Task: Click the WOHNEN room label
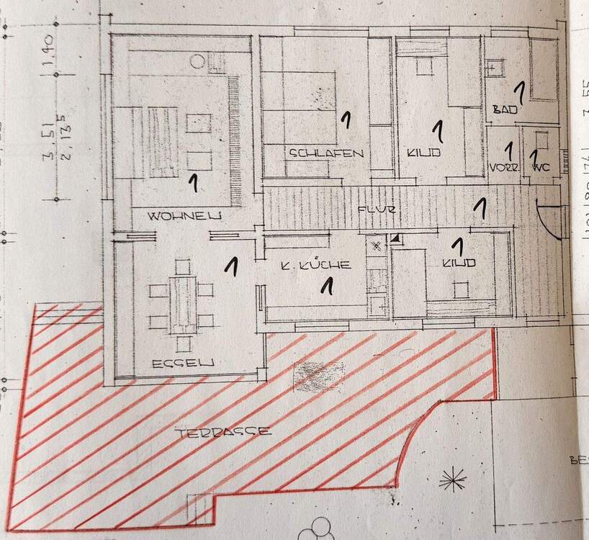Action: point(184,216)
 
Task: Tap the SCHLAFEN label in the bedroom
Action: point(326,153)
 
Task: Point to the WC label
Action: point(540,168)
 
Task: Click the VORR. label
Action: point(504,168)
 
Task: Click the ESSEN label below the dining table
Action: point(183,364)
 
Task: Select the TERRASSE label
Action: point(224,432)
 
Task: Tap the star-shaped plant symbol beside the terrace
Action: point(453,478)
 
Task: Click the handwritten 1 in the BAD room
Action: point(518,91)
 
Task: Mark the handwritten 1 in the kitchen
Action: point(327,284)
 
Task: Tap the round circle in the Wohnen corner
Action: point(197,61)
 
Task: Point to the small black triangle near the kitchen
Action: point(396,238)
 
